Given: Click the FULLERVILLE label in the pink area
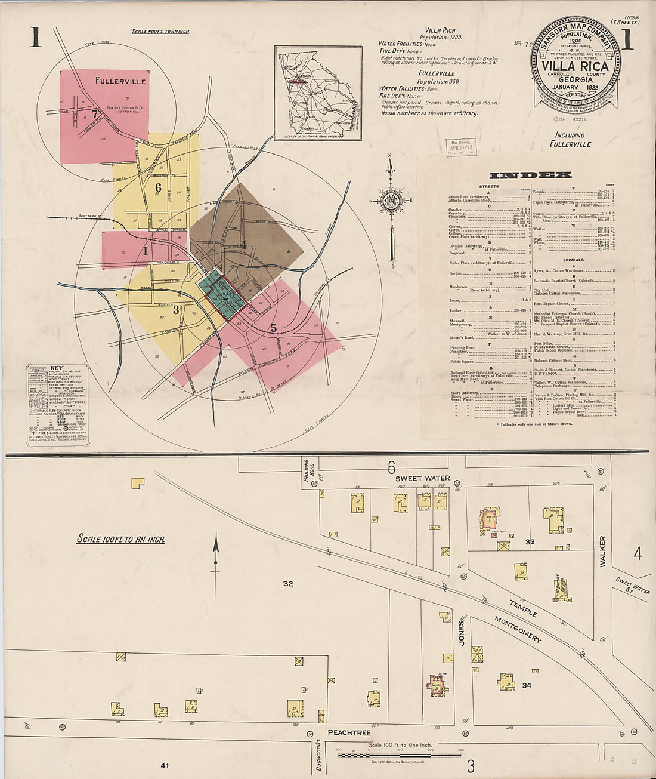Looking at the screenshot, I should click(x=120, y=81).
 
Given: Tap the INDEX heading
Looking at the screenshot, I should click(x=530, y=175).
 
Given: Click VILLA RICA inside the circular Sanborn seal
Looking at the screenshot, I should click(x=575, y=66).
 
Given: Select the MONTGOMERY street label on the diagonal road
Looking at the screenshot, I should click(x=518, y=629).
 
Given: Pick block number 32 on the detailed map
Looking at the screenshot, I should click(x=288, y=583).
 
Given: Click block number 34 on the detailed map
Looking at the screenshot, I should click(x=527, y=685).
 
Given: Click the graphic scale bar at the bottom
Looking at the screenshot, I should click(x=400, y=755).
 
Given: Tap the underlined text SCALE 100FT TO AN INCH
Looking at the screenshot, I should click(x=120, y=539).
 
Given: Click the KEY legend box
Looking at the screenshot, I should click(x=57, y=404).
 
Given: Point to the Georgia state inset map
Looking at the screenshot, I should click(x=318, y=93).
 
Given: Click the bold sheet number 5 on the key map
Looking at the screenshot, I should click(x=274, y=327).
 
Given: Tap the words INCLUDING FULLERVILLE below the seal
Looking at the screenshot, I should click(x=571, y=140).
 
